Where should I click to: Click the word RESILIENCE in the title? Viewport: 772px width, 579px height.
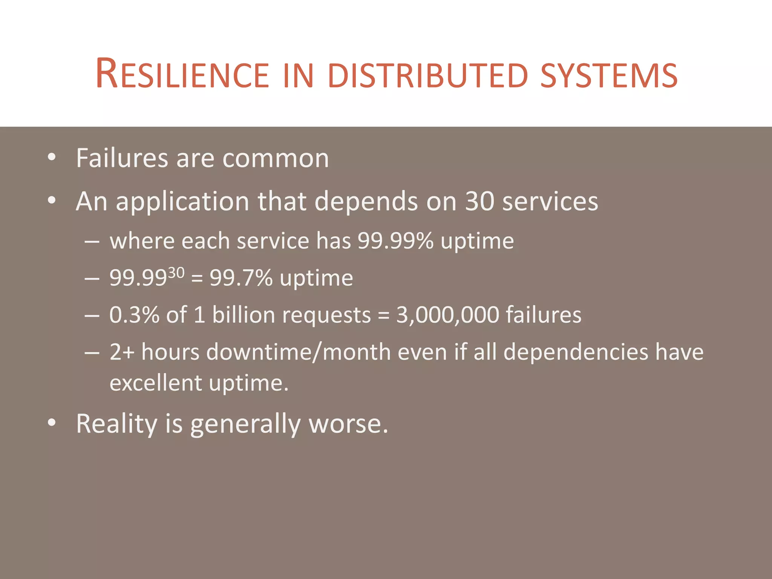182,74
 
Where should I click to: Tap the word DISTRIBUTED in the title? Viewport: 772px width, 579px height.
429,75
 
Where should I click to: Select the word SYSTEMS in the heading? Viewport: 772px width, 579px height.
609,75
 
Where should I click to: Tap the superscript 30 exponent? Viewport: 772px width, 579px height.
176,273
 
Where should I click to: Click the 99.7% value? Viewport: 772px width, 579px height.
241,278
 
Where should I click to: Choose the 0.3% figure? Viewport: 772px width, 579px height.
134,315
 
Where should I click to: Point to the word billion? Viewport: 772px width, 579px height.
244,315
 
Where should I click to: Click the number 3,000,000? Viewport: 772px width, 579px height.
447,315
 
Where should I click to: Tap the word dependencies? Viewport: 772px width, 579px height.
575,352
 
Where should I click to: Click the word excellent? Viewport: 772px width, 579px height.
156,383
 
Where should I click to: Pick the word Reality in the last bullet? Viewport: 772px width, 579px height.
116,424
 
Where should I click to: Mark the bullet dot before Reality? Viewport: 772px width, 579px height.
52,423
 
